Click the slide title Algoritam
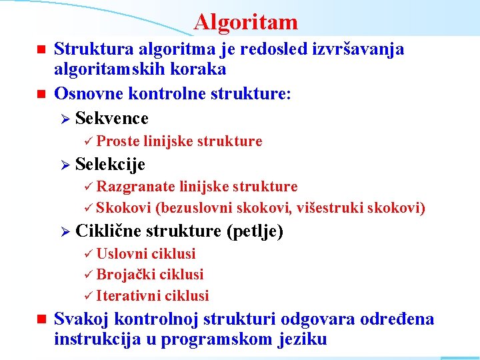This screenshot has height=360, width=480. (246, 23)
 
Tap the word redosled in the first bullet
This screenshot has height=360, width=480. (257, 49)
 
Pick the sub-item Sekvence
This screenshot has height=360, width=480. (112, 119)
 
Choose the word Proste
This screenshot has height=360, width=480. (117, 141)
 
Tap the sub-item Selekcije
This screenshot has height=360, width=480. (110, 164)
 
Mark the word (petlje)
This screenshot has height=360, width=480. (255, 231)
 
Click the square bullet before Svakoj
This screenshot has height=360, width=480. (39, 320)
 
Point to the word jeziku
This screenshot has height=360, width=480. (301, 339)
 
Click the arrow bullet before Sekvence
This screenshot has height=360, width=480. (65, 119)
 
